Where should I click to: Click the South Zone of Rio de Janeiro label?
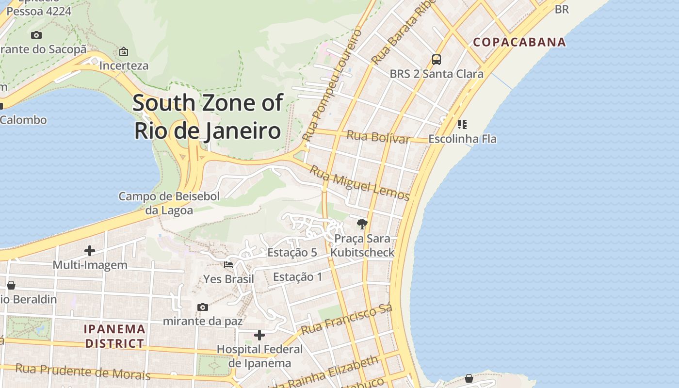click(x=208, y=117)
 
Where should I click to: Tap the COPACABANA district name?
click(x=519, y=42)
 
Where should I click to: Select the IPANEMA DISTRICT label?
click(x=115, y=336)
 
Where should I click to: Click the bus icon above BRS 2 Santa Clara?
click(x=436, y=60)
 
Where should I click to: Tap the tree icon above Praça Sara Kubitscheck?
click(x=362, y=224)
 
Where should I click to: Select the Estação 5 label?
click(x=292, y=252)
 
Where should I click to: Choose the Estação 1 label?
click(x=298, y=277)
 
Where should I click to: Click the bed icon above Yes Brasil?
click(x=228, y=264)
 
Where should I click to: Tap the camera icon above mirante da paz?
click(x=203, y=307)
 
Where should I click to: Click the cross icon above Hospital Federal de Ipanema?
click(x=259, y=335)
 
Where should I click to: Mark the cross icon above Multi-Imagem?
click(x=90, y=250)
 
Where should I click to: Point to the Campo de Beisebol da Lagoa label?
click(x=169, y=203)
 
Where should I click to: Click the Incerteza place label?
click(x=124, y=65)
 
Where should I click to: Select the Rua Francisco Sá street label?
click(x=346, y=320)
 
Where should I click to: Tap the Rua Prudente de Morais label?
click(x=82, y=372)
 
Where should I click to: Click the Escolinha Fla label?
click(x=462, y=139)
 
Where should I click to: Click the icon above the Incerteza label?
click(x=124, y=51)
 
